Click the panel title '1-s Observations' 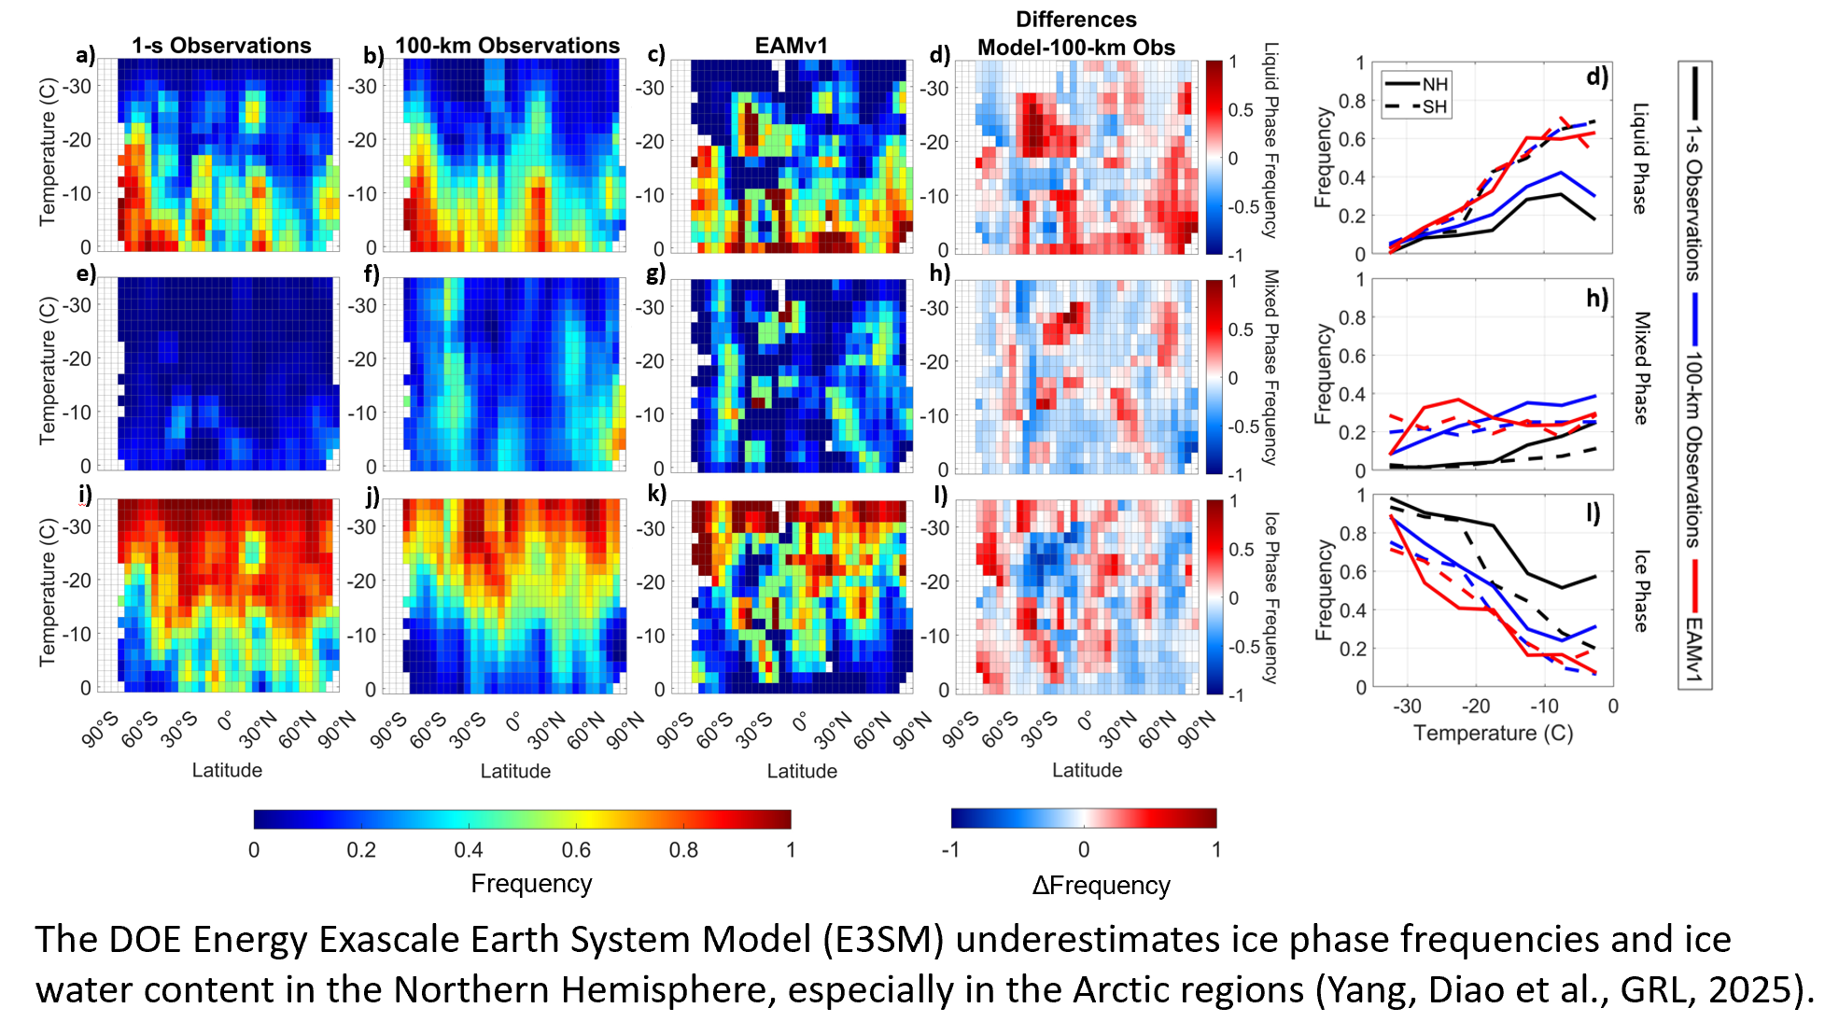coord(221,46)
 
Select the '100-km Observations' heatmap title coord(507,46)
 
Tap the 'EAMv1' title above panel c coord(791,46)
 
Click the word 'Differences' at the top coord(1075,20)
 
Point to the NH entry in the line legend coord(1434,84)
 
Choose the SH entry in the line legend coord(1434,106)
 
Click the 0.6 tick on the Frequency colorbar coord(576,849)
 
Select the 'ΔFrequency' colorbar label coord(1101,885)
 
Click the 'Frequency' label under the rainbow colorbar coord(531,883)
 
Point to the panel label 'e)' coord(86,273)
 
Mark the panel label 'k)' coord(656,494)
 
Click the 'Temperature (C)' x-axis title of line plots coord(1493,733)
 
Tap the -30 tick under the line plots coord(1407,706)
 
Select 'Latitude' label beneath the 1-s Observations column coord(227,770)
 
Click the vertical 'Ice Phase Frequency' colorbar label coord(1270,597)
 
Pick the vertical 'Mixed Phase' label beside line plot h coord(1641,368)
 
